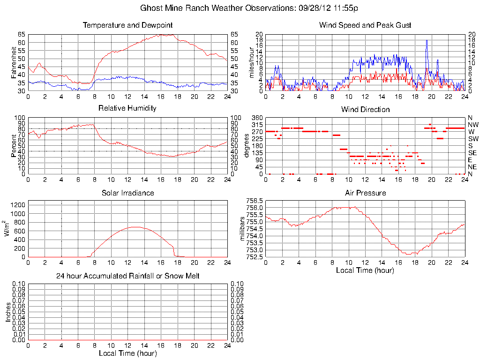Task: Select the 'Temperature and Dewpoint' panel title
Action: click(127, 25)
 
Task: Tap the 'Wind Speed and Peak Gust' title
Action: click(365, 25)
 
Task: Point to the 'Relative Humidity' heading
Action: click(127, 108)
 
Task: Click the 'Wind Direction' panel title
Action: click(365, 110)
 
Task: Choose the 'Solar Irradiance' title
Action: click(127, 193)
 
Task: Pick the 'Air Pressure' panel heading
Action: click(365, 193)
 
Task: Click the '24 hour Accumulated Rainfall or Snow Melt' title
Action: click(127, 276)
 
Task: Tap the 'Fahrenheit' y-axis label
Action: click(14, 63)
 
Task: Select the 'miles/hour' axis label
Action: click(252, 63)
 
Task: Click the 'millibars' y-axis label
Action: click(242, 228)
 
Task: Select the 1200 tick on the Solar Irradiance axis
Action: click(17, 205)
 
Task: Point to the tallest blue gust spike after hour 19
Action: click(427, 40)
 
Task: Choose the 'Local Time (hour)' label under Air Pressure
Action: click(365, 270)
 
